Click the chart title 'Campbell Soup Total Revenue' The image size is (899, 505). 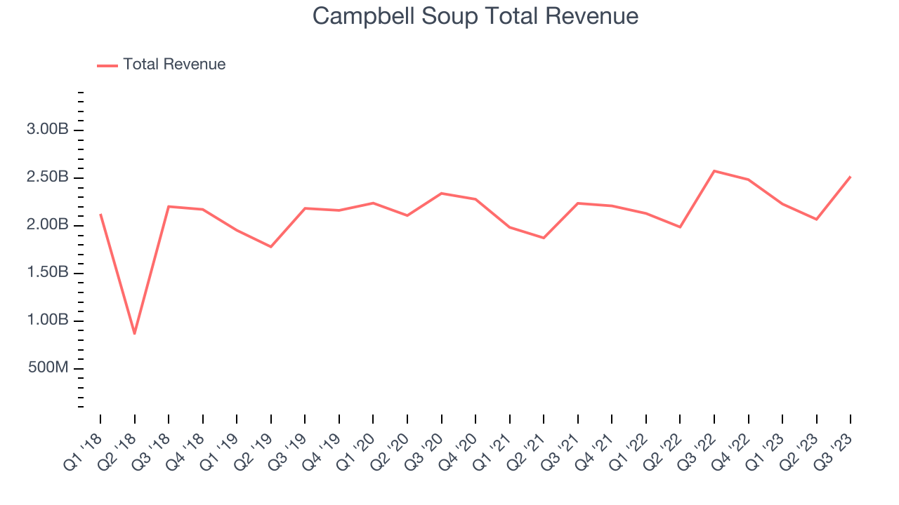click(475, 16)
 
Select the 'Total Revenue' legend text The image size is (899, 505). click(174, 65)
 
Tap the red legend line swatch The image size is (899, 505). click(107, 65)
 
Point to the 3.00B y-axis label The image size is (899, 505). click(47, 130)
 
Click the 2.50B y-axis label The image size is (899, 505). click(47, 177)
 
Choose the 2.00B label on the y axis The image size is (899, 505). click(47, 225)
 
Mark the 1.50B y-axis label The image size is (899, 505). click(47, 273)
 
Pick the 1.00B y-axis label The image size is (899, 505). click(47, 321)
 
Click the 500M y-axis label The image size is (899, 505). click(48, 368)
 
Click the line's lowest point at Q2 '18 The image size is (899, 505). click(134, 333)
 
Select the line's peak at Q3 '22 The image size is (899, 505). click(714, 171)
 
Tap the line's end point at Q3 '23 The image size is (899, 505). click(851, 177)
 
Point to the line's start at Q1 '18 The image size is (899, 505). click(100, 215)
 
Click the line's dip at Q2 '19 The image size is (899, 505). click(270, 246)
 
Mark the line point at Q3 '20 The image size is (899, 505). click(441, 194)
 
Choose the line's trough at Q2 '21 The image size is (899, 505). click(544, 238)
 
